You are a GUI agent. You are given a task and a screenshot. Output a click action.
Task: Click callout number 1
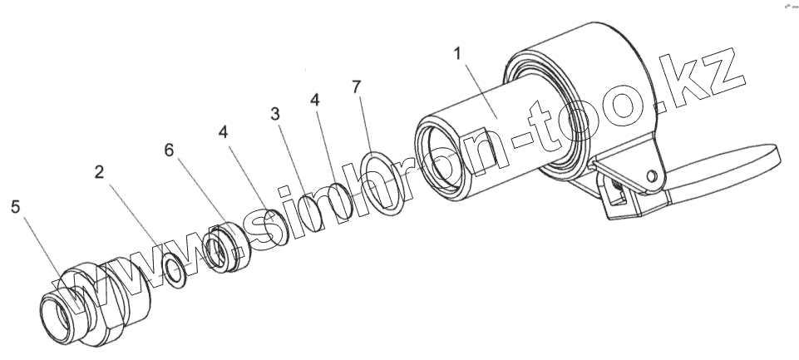[x=457, y=56]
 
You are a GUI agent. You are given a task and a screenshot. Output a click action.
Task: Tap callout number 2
[x=100, y=173]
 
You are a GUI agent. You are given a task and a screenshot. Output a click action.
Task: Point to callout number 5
[x=16, y=206]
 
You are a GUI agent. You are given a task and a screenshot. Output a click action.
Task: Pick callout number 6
[x=170, y=149]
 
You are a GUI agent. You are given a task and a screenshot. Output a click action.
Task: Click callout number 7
[x=357, y=86]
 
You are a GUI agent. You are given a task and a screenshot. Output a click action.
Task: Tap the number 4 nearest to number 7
[x=314, y=99]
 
